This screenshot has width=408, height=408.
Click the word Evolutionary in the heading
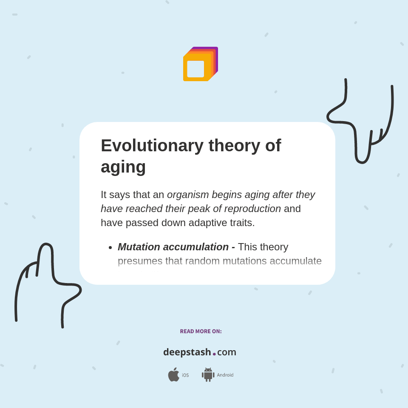point(152,145)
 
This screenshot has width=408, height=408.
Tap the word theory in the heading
point(234,145)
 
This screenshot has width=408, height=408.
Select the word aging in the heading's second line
point(123,167)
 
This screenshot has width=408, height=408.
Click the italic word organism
point(188,195)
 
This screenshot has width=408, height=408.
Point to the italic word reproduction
point(252,209)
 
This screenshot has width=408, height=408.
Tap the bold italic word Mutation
point(139,247)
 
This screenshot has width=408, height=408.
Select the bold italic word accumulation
point(196,247)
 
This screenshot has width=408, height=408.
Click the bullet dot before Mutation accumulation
point(110,248)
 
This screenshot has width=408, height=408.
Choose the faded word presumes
point(140,261)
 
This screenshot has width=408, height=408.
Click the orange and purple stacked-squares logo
point(200,64)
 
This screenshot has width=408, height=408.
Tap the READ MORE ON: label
point(201,331)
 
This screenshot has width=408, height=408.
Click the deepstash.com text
point(200,352)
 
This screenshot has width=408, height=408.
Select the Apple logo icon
point(173,375)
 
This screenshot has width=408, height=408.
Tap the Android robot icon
point(208,375)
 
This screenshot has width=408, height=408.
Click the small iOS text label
point(185,375)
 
